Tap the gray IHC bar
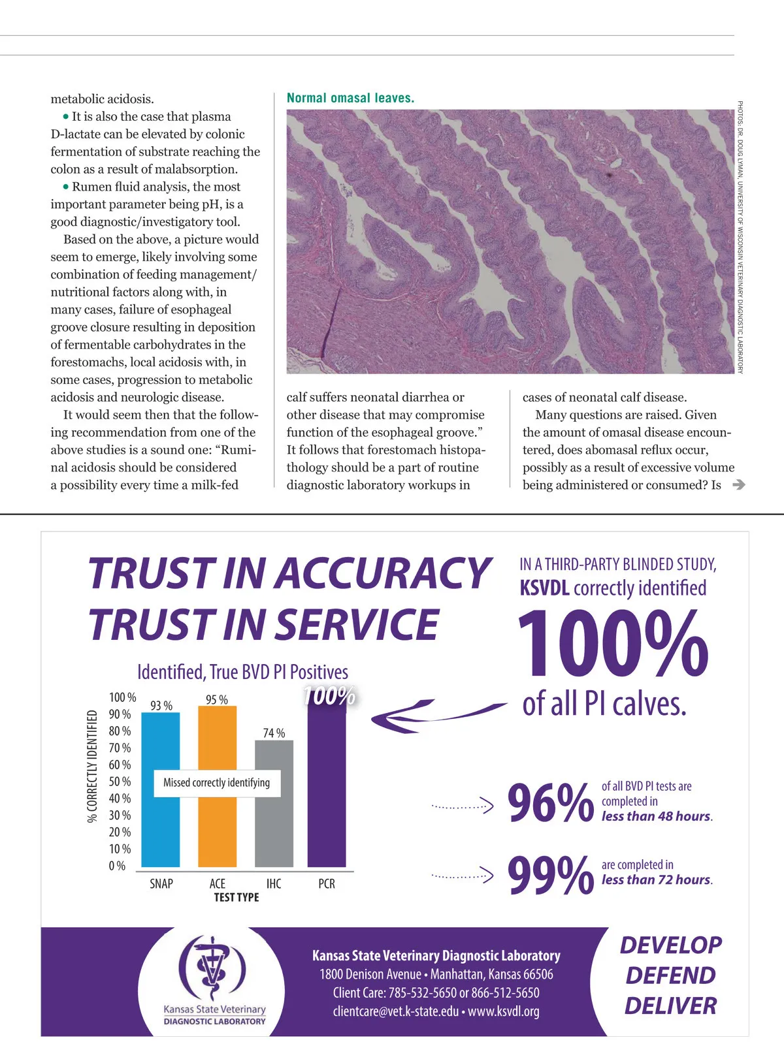[274, 829]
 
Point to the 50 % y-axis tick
[120, 782]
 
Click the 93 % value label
[161, 705]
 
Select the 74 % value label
[274, 733]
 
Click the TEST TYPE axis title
[237, 897]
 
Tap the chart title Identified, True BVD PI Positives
[242, 672]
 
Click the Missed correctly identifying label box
[217, 782]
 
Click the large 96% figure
[550, 803]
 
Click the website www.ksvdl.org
[504, 1011]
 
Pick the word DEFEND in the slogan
[670, 975]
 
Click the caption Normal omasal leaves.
[350, 99]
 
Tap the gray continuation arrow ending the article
[739, 484]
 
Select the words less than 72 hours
[657, 879]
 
